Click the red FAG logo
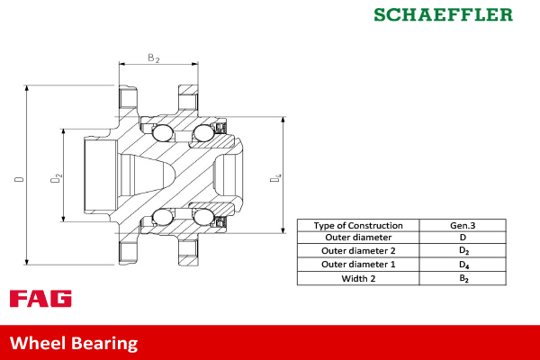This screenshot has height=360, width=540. click(x=40, y=299)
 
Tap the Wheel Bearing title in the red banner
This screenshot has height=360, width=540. click(x=74, y=343)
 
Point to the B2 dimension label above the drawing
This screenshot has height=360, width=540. click(x=153, y=58)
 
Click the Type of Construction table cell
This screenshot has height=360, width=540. click(x=359, y=225)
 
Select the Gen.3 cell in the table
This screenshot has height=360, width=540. click(x=463, y=225)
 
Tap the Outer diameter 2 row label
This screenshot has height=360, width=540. click(x=359, y=251)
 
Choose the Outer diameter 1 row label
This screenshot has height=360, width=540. click(x=359, y=265)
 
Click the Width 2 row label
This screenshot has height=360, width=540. click(x=359, y=278)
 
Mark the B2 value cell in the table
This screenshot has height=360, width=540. click(x=463, y=279)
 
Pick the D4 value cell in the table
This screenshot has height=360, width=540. click(x=463, y=265)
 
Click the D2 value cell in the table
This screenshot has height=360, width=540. click(x=463, y=251)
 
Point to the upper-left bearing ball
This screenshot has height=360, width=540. click(x=163, y=134)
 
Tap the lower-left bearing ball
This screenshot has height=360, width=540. click(x=163, y=217)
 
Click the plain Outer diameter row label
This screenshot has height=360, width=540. click(x=359, y=238)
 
